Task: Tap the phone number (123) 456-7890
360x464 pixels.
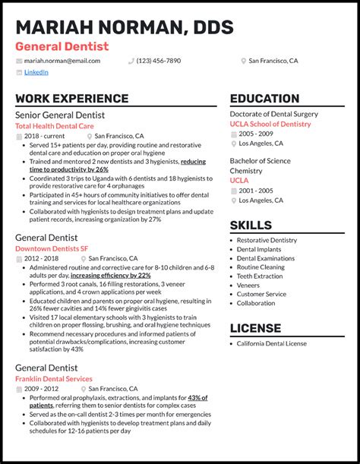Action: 158,61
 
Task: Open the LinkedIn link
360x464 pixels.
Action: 36,72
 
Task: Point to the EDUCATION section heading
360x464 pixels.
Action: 264,99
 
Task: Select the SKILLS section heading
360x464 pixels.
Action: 251,225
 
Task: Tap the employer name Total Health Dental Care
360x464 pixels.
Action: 55,125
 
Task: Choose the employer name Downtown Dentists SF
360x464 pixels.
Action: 52,248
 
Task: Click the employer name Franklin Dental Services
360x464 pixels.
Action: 54,379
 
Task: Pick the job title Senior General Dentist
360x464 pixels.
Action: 60,115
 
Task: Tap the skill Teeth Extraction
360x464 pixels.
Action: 260,276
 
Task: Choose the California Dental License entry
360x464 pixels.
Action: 272,344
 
